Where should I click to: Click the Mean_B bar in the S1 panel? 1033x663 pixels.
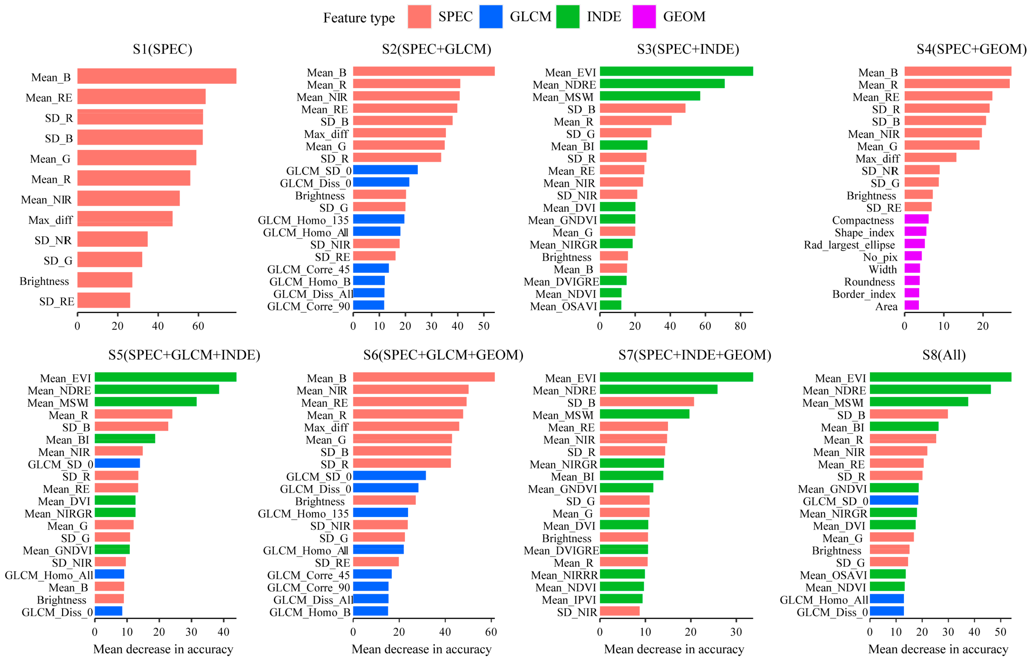click(x=157, y=76)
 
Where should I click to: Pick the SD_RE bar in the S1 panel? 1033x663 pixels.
click(x=104, y=300)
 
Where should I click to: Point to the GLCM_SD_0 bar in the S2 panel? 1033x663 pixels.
click(x=385, y=170)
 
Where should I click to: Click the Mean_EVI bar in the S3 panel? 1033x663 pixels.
click(x=676, y=71)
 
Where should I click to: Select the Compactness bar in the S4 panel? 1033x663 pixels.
click(x=916, y=219)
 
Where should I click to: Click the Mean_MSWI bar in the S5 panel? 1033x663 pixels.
click(x=145, y=402)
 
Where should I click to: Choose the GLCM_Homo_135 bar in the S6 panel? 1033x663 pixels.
click(x=380, y=512)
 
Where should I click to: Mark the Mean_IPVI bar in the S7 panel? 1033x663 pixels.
click(x=621, y=598)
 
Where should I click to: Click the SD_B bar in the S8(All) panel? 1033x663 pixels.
click(x=908, y=414)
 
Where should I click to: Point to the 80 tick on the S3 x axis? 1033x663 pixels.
click(x=740, y=326)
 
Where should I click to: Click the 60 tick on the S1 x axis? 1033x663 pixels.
click(x=198, y=326)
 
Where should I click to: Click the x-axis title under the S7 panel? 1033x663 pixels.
click(x=674, y=649)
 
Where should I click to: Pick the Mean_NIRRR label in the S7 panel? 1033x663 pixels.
click(x=564, y=575)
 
